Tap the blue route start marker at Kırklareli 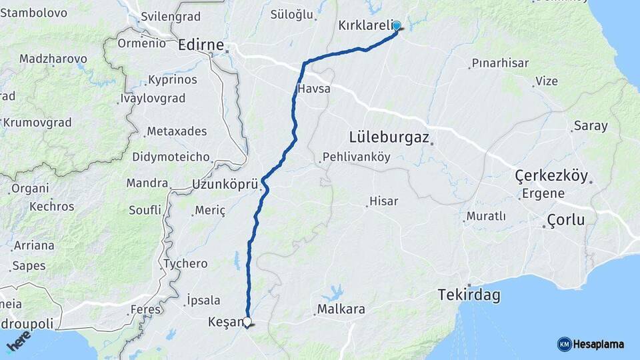click(x=397, y=26)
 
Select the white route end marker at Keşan click(x=247, y=322)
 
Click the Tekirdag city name click(x=469, y=295)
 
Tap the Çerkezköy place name click(x=551, y=176)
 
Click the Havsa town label click(x=314, y=88)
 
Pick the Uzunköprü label click(x=224, y=184)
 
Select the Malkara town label click(x=341, y=309)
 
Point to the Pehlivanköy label click(x=356, y=157)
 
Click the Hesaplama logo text click(x=599, y=345)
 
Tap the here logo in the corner click(x=19, y=342)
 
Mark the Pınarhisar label click(x=499, y=63)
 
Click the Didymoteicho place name click(x=171, y=157)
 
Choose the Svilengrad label click(x=167, y=16)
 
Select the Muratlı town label click(x=486, y=216)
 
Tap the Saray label click(x=590, y=126)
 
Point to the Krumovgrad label click(x=37, y=122)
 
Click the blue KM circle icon click(x=564, y=345)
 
